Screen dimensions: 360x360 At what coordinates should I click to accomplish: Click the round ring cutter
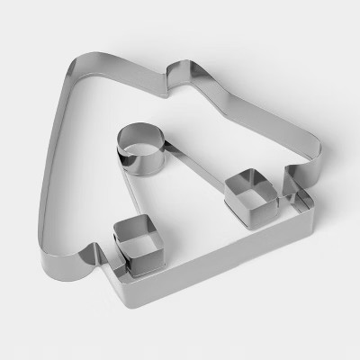point(139,154)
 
